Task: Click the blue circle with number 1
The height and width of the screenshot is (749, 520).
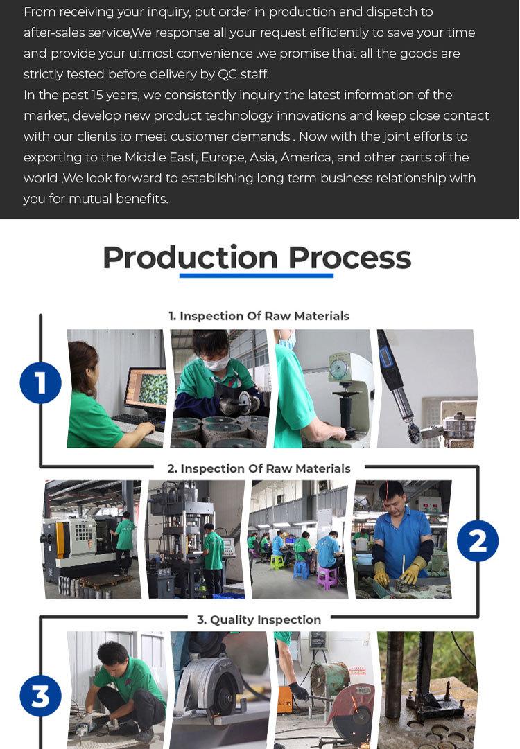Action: pos(41,382)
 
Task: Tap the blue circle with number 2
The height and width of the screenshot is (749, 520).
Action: pos(478,540)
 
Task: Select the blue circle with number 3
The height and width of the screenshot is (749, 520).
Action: pos(41,696)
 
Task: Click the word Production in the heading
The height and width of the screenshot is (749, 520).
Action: pos(190,258)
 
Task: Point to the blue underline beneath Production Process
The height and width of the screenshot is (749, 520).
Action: pos(256,276)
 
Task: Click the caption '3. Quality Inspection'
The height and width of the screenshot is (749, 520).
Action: pos(259,619)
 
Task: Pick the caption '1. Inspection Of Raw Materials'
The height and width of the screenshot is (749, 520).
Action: pos(259,316)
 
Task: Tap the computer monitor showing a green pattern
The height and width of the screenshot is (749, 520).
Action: pos(146,389)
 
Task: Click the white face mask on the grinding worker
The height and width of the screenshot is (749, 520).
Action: pos(216,364)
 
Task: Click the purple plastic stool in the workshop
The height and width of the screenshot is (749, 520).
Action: pos(327,578)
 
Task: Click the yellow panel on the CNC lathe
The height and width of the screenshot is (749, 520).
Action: pos(60,540)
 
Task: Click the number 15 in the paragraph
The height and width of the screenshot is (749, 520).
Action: pos(97,95)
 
